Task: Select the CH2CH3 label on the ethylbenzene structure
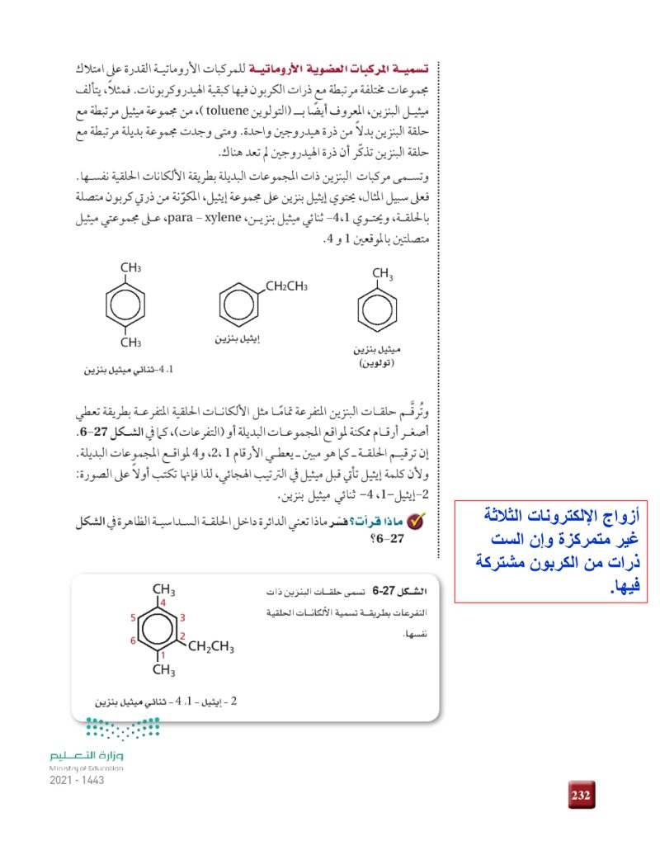[x=286, y=286]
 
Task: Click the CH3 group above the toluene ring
[x=382, y=274]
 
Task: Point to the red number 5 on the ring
[x=134, y=617]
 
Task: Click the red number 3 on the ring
[x=182, y=617]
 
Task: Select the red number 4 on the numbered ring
[x=163, y=603]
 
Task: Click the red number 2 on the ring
[x=182, y=635]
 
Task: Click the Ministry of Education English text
[x=86, y=768]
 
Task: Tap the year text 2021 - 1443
[x=77, y=780]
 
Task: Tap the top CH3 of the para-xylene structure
[x=131, y=268]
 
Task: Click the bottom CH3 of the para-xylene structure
[x=131, y=343]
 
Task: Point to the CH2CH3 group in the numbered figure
[x=211, y=646]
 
